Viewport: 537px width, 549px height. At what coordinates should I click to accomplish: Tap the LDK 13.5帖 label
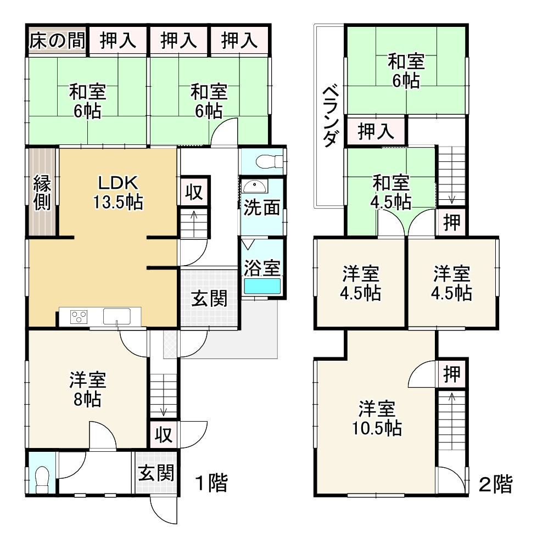pos(118,192)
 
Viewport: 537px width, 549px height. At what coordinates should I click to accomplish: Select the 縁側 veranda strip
pos(43,192)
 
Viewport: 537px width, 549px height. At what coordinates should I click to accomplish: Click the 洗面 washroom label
pos(262,208)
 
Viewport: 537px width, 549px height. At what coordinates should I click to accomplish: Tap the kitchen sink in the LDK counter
pos(116,317)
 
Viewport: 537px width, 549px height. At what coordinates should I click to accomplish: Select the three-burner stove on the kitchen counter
pos(79,317)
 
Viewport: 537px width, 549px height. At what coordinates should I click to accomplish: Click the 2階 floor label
pos(495,484)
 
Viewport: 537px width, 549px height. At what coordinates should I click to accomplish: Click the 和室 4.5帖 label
pos(390,192)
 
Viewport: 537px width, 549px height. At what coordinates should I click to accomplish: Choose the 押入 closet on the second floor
pos(376,132)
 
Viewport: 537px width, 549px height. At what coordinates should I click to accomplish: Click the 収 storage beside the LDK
pos(194,193)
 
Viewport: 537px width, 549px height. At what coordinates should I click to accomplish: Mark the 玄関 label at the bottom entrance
pos(156,473)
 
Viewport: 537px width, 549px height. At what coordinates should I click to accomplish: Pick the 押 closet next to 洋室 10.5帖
pos(452,374)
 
